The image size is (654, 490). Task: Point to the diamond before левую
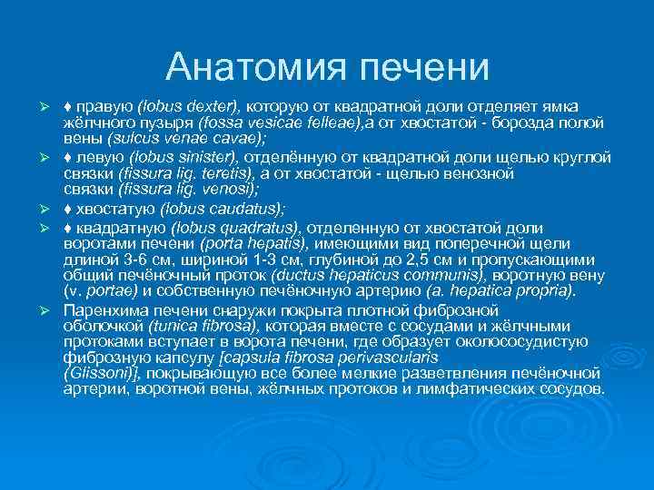click(68, 157)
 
